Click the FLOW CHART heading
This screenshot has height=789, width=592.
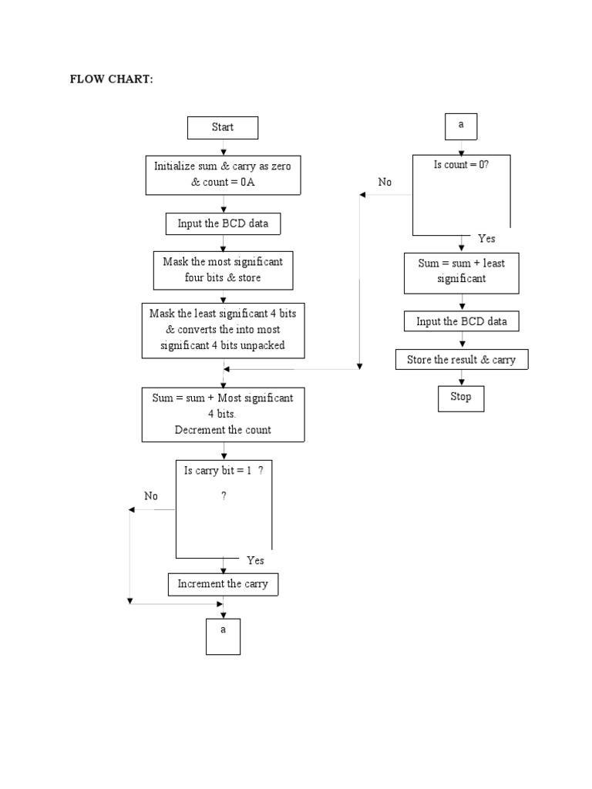click(x=112, y=80)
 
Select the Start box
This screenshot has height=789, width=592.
click(x=223, y=128)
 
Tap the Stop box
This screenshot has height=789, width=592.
click(x=461, y=398)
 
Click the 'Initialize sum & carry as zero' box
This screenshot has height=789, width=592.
click(x=223, y=175)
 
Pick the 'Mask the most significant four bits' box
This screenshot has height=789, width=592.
click(x=223, y=270)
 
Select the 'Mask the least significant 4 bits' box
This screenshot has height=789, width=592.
click(x=223, y=330)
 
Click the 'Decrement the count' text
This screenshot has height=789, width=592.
click(x=223, y=430)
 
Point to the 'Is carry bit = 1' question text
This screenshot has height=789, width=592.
click(x=224, y=471)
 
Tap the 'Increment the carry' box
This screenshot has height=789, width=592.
click(x=223, y=584)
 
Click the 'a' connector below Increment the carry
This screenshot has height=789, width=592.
click(x=223, y=636)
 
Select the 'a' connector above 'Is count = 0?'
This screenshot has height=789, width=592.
click(x=461, y=125)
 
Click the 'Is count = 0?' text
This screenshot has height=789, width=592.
click(x=462, y=165)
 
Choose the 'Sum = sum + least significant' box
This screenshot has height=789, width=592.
click(x=461, y=271)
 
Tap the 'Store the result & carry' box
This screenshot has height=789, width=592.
click(x=461, y=360)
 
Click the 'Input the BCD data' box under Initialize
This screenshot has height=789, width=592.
click(x=223, y=223)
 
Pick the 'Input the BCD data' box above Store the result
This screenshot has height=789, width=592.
click(x=461, y=321)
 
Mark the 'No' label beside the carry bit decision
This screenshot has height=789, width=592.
click(x=151, y=496)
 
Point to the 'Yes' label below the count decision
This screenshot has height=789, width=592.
click(x=486, y=239)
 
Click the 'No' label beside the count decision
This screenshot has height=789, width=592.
click(x=385, y=183)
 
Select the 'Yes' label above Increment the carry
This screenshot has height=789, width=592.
click(x=255, y=560)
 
